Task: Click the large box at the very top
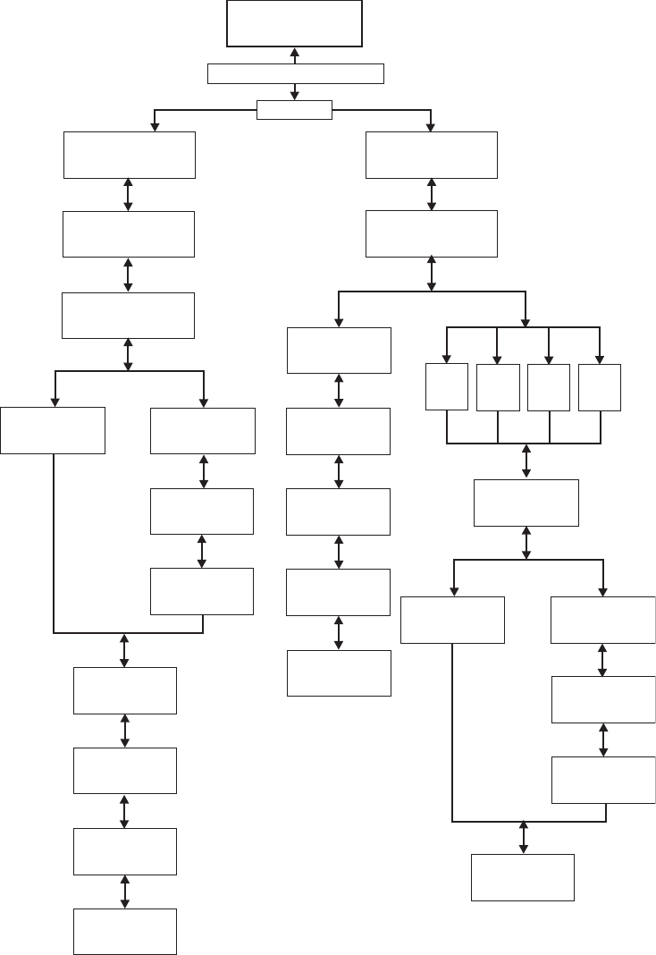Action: (x=294, y=23)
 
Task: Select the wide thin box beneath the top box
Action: (x=295, y=73)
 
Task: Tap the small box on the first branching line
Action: (x=294, y=110)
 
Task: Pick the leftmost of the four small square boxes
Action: (x=447, y=387)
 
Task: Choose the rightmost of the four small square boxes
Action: (x=599, y=387)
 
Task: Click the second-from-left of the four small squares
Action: (x=498, y=387)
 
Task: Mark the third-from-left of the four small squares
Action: (x=549, y=387)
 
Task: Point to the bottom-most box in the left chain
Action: (x=124, y=932)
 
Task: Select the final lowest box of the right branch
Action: (x=523, y=877)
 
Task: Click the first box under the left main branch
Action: (x=129, y=155)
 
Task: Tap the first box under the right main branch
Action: (x=432, y=155)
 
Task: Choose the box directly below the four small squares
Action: (x=526, y=503)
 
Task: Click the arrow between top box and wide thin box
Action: (x=294, y=55)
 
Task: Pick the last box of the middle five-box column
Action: (x=339, y=672)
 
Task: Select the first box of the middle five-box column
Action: (x=339, y=350)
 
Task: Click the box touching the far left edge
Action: (x=53, y=430)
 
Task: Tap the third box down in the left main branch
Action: (x=128, y=315)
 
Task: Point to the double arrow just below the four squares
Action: (x=526, y=461)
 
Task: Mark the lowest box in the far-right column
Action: (x=603, y=780)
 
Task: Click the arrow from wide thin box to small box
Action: (x=294, y=92)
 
